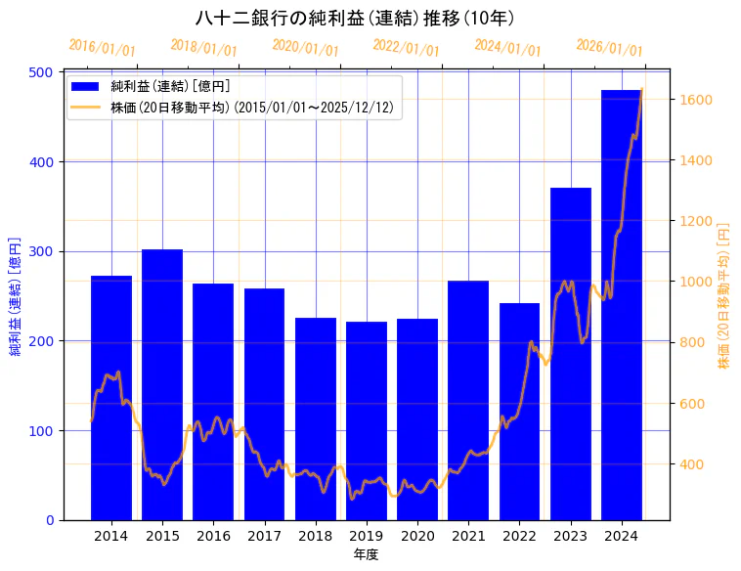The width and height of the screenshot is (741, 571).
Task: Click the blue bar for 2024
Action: click(x=622, y=304)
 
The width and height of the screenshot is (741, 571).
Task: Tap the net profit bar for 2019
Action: click(x=367, y=420)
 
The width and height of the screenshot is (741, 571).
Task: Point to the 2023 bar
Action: click(x=571, y=353)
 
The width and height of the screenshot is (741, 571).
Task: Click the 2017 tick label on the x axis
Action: click(x=264, y=535)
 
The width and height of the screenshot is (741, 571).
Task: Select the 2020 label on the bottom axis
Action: click(x=417, y=535)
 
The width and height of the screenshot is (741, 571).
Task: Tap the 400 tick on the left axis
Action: click(x=42, y=161)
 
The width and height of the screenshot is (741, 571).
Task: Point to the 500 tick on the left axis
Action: click(x=42, y=72)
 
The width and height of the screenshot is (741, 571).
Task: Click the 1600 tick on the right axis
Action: click(x=696, y=100)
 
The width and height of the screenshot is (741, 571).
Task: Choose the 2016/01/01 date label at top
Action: click(x=103, y=48)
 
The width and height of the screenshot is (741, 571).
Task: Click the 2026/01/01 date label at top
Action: click(x=609, y=48)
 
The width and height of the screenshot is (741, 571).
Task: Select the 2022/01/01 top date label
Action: click(x=407, y=48)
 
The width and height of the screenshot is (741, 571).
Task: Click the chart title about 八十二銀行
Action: click(x=356, y=18)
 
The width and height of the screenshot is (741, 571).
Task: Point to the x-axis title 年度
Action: click(x=366, y=553)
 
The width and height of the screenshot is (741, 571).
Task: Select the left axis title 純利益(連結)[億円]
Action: click(x=15, y=295)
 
